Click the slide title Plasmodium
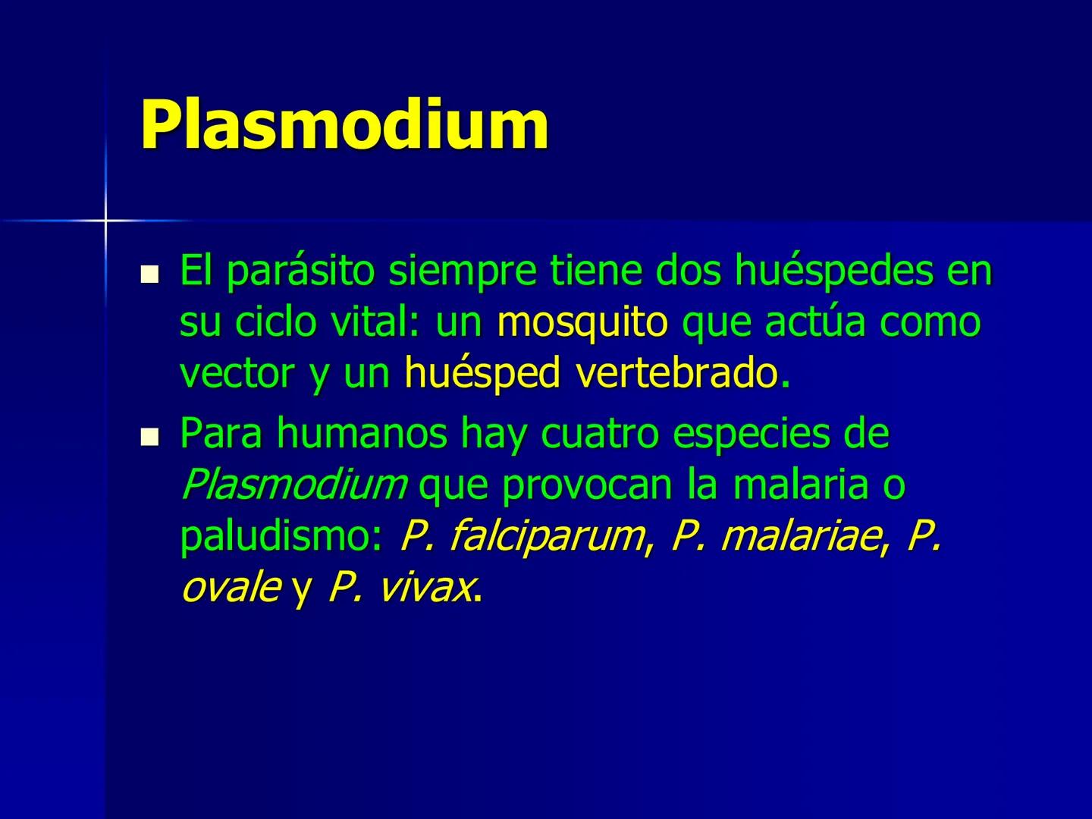click(x=344, y=124)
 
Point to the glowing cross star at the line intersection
click(x=105, y=220)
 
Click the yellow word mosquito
click(x=582, y=322)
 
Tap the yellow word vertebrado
click(x=677, y=373)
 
